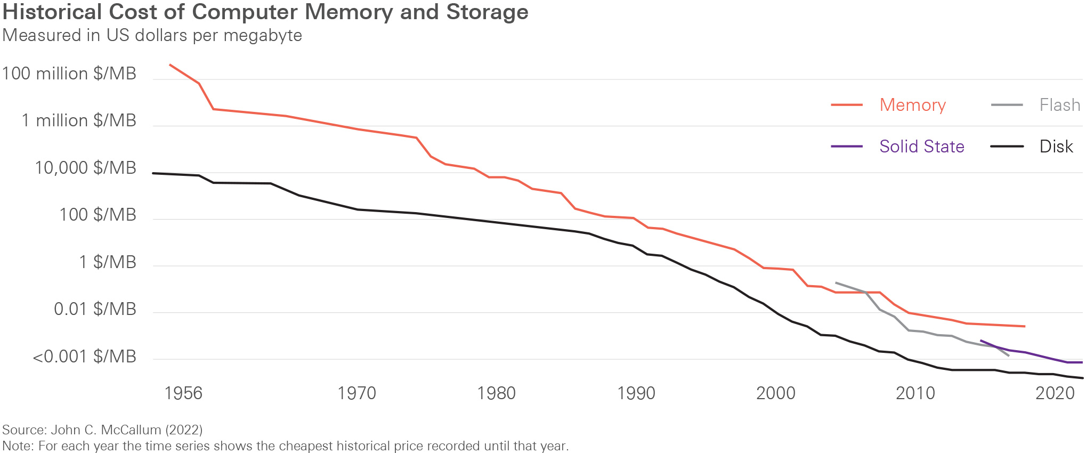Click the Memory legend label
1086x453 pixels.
click(x=912, y=105)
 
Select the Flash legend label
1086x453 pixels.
click(x=1059, y=105)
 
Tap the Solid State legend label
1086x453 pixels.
click(x=921, y=147)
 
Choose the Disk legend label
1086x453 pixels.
click(x=1056, y=147)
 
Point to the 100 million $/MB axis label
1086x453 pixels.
click(x=69, y=74)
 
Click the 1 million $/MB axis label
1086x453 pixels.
click(x=79, y=120)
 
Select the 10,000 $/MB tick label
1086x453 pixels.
click(x=85, y=168)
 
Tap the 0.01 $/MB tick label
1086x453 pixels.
click(x=95, y=309)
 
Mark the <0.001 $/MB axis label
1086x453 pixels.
click(x=84, y=356)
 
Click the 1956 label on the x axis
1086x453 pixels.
click(x=183, y=393)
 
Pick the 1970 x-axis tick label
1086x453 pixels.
click(x=356, y=393)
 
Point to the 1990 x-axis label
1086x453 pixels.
click(x=636, y=393)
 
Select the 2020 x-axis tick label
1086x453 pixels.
click(x=1055, y=393)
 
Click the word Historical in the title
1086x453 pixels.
click(x=52, y=12)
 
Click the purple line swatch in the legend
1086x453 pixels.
click(x=846, y=147)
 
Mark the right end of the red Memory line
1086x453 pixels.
click(x=1024, y=326)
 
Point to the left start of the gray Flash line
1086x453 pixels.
click(x=836, y=282)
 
